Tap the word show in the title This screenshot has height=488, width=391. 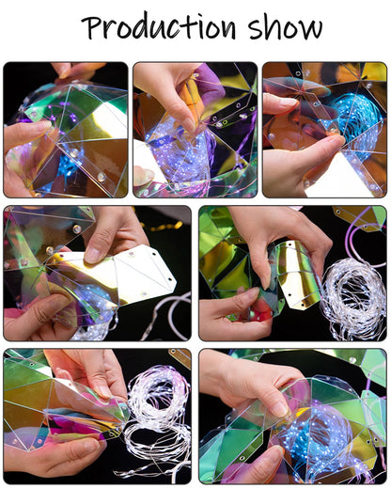(x=286, y=26)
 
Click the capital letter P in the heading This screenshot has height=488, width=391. (x=91, y=27)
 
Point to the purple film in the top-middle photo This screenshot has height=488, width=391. (x=209, y=83)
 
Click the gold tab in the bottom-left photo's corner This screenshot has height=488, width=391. (x=180, y=357)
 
